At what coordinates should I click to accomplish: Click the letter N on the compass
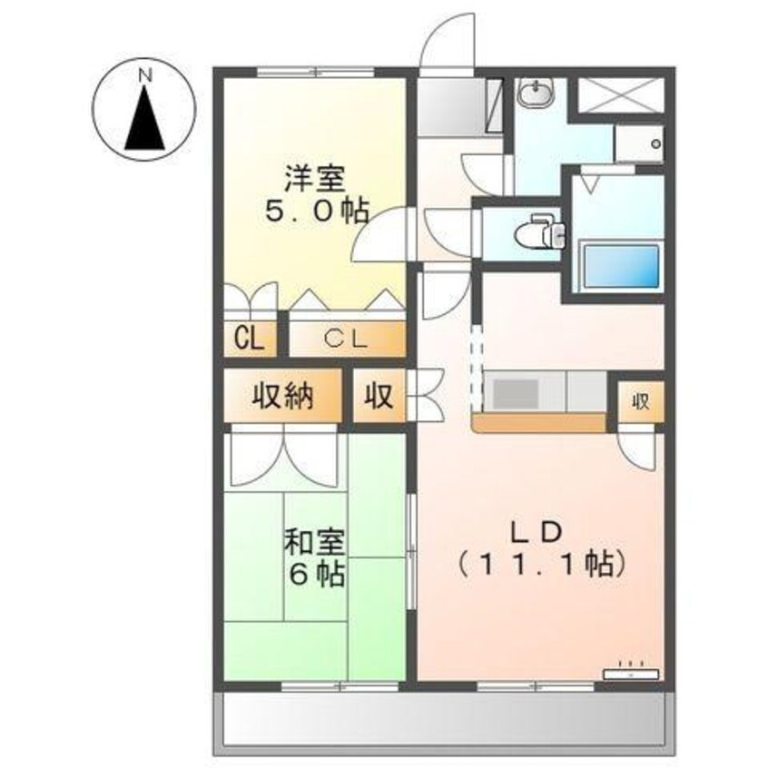click(145, 76)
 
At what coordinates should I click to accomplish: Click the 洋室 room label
click(315, 179)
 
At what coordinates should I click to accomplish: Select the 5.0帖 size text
click(317, 212)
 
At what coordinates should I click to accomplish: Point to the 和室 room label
click(315, 542)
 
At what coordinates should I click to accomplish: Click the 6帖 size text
click(317, 574)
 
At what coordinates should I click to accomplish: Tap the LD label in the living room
click(536, 532)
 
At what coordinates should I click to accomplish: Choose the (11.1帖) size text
click(542, 564)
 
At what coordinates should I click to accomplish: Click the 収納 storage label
click(282, 396)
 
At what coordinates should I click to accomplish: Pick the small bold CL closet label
click(249, 339)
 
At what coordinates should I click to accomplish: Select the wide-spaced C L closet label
click(346, 339)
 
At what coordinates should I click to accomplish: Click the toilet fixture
click(540, 231)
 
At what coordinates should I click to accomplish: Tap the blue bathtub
click(621, 267)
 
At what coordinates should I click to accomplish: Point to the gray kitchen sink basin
click(517, 393)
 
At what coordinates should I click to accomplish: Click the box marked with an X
click(620, 95)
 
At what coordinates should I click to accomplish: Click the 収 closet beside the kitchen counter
click(641, 401)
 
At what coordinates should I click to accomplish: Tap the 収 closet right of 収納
click(379, 396)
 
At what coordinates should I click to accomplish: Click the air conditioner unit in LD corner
click(631, 674)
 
